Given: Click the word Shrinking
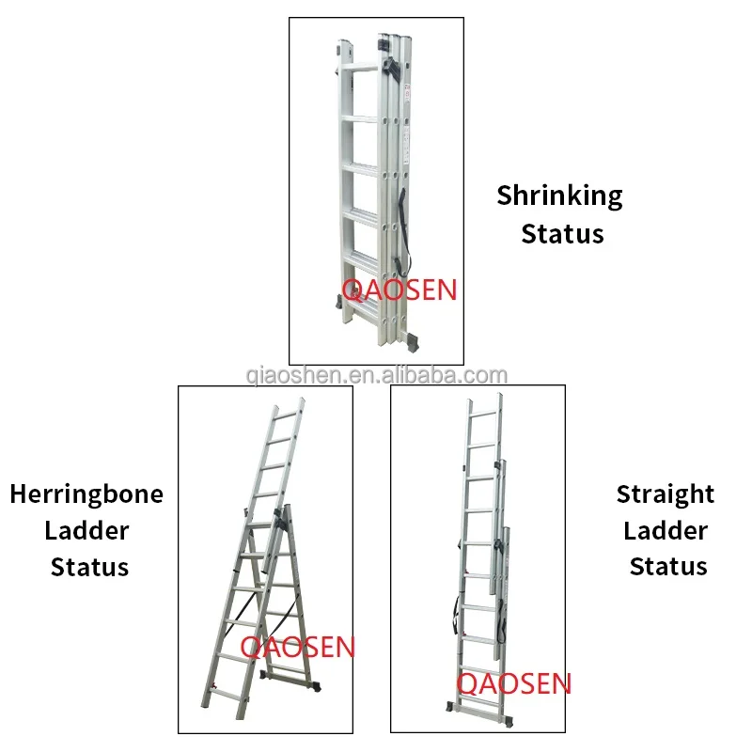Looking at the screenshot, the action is (559, 196).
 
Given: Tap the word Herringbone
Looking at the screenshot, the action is (86, 494).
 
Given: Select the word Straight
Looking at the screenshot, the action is (666, 494).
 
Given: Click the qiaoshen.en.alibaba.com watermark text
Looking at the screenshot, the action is (377, 375).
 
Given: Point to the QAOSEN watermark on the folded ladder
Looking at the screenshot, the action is (399, 290).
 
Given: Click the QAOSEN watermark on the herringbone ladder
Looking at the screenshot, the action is (297, 647).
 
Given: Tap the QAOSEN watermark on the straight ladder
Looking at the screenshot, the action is (513, 683).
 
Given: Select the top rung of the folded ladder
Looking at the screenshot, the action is (361, 68).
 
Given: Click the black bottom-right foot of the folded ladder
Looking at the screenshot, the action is (413, 342).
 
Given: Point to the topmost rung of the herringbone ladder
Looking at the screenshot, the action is (286, 415).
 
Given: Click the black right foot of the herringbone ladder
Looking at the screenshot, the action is (315, 686).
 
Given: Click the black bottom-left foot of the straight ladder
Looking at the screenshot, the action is (451, 707).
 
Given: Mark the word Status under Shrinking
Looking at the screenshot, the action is (562, 234).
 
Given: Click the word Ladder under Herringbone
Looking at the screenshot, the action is (86, 531).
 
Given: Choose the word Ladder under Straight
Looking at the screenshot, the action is (666, 531).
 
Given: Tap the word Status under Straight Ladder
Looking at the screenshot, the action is (668, 567).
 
